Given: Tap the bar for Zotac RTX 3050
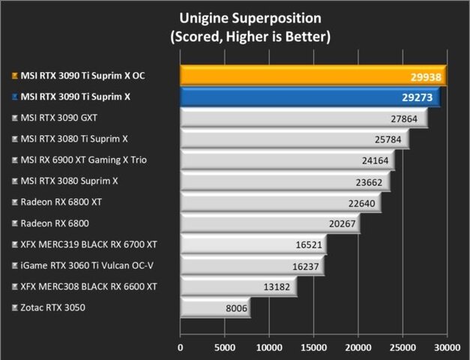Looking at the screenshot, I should [x=214, y=307].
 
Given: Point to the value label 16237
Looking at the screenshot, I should [x=306, y=265].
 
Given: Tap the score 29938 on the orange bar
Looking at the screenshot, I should [x=426, y=76].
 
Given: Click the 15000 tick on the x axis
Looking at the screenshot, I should [x=314, y=347].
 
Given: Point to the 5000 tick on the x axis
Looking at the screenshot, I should [x=225, y=347].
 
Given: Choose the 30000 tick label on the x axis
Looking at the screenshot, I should [x=448, y=347].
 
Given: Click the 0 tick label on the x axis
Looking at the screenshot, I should [x=180, y=347].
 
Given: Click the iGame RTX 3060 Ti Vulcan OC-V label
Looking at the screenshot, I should [x=83, y=265].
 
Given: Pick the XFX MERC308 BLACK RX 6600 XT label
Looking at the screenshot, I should [x=88, y=286].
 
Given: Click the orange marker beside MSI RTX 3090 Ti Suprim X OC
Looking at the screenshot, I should [x=15, y=76].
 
